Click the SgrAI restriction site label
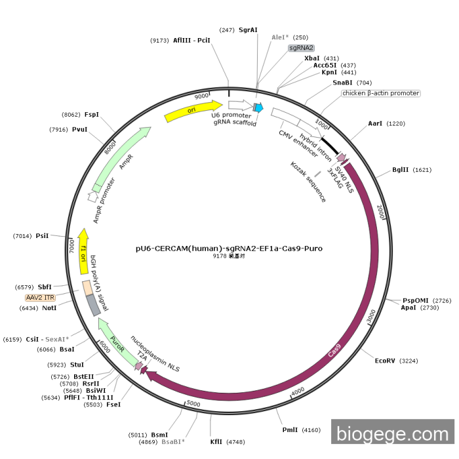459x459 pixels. coord(248,30)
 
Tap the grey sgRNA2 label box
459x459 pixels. coord(302,48)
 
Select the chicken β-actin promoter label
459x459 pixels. coord(380,93)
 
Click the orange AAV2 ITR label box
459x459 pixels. coord(40,297)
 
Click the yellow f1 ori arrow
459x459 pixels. coord(83,246)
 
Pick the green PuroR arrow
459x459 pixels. coord(115,340)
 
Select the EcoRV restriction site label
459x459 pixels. coord(385,361)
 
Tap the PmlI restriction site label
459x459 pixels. coord(290,430)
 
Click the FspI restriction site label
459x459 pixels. coord(92,114)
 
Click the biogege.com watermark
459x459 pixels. coord(392,433)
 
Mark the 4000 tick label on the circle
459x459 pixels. coord(297,391)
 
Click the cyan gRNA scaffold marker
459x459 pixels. coord(258,108)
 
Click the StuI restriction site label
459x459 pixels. coord(77,364)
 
